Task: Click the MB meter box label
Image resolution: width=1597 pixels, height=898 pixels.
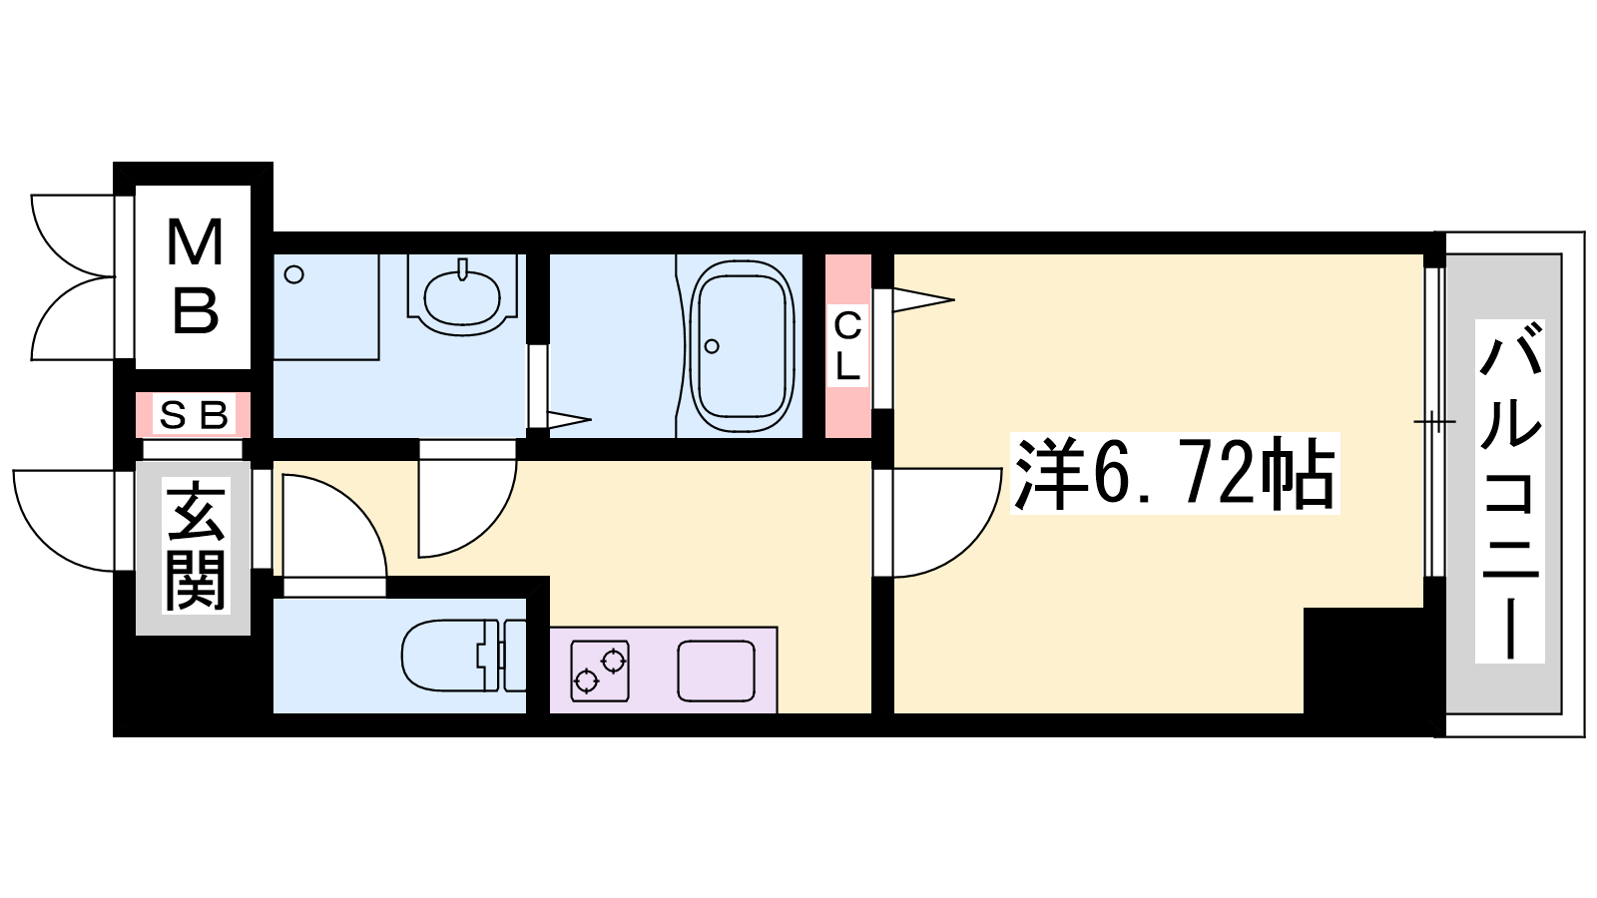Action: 194,277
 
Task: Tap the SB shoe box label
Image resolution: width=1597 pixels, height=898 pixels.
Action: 194,415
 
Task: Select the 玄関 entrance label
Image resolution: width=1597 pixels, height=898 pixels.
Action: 195,546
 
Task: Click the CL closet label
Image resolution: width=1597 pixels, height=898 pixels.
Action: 847,346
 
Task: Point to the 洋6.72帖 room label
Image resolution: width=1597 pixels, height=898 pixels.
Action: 1174,473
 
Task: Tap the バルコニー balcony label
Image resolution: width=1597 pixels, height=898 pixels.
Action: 1509,492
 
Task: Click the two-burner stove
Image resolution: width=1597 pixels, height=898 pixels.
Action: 600,672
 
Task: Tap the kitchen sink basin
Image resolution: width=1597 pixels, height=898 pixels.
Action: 717,671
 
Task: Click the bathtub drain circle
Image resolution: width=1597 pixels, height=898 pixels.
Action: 712,346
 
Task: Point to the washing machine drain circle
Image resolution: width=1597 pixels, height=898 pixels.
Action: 293,274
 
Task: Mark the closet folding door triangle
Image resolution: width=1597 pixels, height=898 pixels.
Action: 922,300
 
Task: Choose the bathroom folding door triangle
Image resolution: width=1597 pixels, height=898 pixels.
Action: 569,419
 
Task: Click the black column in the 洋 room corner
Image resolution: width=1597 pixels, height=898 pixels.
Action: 1363,661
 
